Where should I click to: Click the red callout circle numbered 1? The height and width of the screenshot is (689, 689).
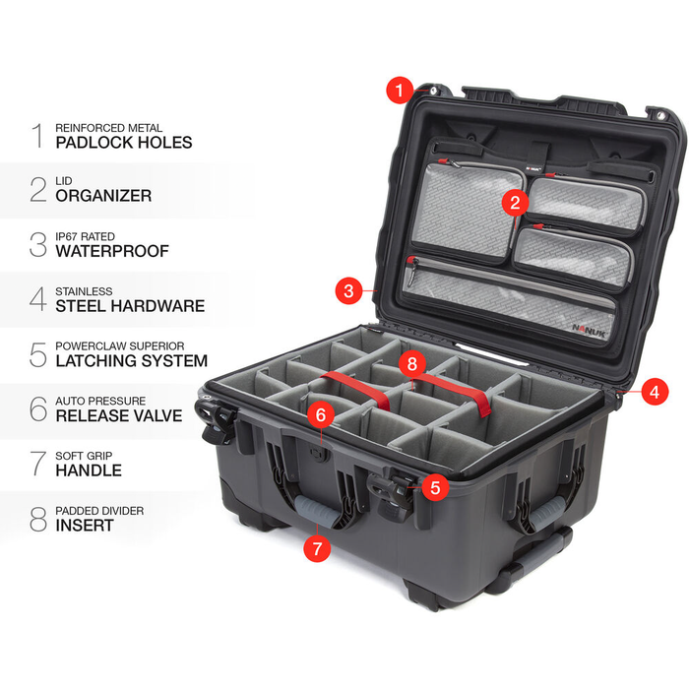pos(399,92)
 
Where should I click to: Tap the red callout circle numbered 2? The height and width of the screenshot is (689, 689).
pos(513,203)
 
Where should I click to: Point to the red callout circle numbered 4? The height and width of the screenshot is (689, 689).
pos(653,391)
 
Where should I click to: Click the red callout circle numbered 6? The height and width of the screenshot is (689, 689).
pos(319,416)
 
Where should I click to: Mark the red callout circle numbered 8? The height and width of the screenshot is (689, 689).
pos(413,364)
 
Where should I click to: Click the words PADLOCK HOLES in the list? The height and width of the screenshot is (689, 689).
pos(124,143)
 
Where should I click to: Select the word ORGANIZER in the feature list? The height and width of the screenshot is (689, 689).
pos(103,196)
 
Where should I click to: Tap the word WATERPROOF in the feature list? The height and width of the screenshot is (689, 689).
pos(112,251)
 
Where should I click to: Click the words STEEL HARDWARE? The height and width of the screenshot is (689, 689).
pos(130,306)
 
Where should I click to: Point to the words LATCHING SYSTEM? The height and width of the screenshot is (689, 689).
pos(131,361)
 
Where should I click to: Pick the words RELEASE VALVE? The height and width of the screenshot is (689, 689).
pos(119,415)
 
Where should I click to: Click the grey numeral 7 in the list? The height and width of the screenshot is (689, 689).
pos(37,464)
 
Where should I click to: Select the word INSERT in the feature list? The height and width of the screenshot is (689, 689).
pos(85,526)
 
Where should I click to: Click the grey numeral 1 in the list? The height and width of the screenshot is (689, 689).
pos(37,135)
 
